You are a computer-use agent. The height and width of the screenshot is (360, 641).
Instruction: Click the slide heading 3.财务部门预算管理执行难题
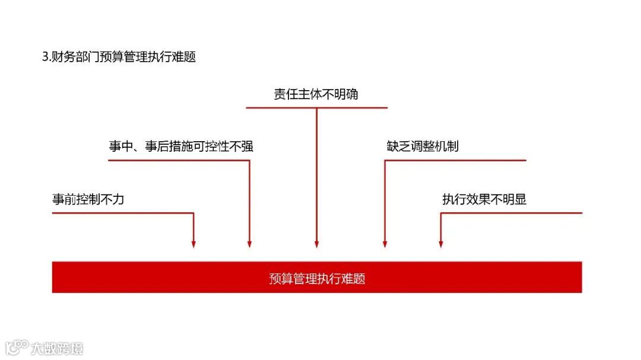pos(119,58)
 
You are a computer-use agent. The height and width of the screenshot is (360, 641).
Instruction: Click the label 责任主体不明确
pos(316,94)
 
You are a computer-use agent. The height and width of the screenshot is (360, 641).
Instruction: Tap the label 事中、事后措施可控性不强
pos(181,146)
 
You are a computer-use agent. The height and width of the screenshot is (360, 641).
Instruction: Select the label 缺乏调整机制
pos(422,146)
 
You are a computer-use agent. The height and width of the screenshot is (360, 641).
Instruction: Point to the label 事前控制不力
pos(88,200)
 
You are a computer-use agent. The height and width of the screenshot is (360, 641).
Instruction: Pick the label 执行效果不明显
pos(484,200)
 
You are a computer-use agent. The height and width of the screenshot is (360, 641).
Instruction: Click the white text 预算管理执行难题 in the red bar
pos(317,278)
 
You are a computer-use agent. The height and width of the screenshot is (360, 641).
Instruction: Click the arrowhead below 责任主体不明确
pos(316,244)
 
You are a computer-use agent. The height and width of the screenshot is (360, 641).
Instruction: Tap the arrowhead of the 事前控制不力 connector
pos(193,244)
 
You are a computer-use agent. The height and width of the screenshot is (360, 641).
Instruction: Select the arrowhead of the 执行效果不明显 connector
pos(440,244)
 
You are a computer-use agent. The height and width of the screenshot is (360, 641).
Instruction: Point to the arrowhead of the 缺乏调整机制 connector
pos(385,244)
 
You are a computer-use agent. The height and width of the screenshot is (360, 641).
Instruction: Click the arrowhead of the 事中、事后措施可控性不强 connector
pos(249,244)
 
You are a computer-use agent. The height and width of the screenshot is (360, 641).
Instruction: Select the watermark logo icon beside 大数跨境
pos(17,347)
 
